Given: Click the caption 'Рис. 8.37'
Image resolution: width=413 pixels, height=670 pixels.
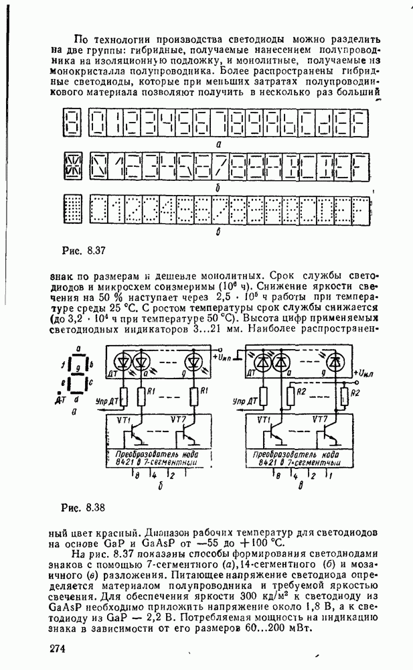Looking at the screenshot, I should pyautogui.click(x=80, y=251).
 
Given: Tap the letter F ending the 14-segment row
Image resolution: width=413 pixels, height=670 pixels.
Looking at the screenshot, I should pyautogui.click(x=359, y=167).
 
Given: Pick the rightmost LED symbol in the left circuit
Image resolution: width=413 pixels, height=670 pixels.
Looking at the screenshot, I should pyautogui.click(x=194, y=362).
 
